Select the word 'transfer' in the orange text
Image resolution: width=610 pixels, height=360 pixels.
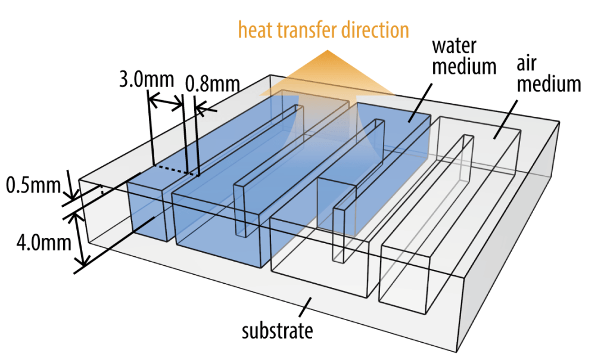(312, 30)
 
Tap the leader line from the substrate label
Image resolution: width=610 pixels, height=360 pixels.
(304, 308)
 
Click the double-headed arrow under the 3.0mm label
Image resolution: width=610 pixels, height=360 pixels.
(166, 103)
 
